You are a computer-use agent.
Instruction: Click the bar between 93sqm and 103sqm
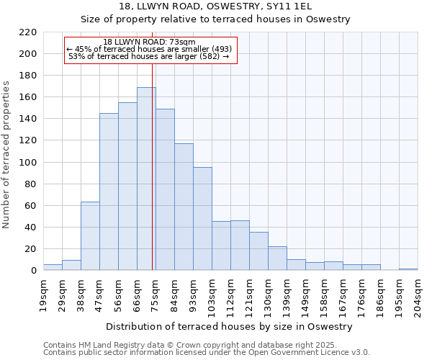(202, 219)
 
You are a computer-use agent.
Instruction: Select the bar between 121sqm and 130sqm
(258, 251)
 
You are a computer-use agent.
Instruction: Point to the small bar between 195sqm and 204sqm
(408, 269)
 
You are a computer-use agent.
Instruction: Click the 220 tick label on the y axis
(27, 32)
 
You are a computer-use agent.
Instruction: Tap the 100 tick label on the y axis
(27, 163)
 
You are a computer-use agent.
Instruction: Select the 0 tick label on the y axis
(33, 271)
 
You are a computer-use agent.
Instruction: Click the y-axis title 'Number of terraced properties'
(6, 154)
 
